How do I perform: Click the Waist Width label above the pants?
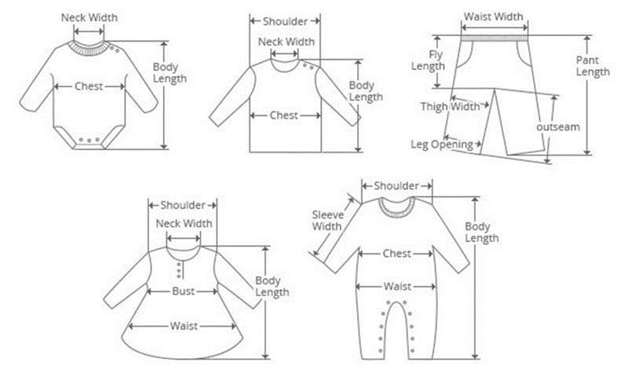494,16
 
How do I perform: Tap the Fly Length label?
429,60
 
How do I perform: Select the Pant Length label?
593,66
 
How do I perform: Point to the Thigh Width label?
450,107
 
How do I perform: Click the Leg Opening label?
442,144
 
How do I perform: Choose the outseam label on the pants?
558,127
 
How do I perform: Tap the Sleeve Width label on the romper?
327,221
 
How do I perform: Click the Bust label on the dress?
183,291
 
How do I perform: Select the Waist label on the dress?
184,326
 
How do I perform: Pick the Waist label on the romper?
397,287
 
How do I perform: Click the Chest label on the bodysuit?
89,86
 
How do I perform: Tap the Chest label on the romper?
396,254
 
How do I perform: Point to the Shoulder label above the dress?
183,205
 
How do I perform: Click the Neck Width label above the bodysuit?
89,17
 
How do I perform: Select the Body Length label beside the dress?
272,287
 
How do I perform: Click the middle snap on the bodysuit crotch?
89,140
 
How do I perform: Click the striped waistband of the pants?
495,38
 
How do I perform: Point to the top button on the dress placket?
179,264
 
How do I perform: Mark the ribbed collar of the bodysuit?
89,47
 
